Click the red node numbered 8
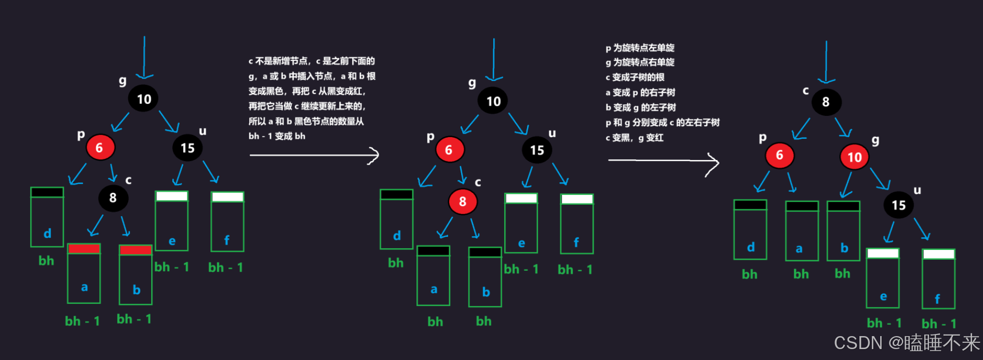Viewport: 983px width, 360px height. (462, 202)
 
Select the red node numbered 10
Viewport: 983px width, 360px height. (854, 157)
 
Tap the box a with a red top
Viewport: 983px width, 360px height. (84, 274)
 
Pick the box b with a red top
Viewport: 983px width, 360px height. (136, 275)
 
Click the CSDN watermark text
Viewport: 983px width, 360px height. (906, 343)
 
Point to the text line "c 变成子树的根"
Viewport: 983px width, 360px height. (635, 77)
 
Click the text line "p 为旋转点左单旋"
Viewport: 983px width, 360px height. (640, 48)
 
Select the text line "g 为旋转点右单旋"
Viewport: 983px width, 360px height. (640, 62)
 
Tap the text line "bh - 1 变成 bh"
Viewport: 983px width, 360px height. (277, 136)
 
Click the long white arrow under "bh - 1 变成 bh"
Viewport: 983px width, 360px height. (314, 155)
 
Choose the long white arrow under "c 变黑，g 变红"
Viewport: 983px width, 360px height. (663, 161)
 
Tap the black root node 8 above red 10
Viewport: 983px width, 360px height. (826, 102)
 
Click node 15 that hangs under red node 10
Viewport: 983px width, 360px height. (898, 205)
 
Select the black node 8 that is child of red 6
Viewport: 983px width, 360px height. (113, 198)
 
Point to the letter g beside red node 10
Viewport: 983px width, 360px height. (876, 140)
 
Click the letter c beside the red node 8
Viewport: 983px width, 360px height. (478, 182)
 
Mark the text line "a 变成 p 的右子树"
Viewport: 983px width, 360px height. (640, 92)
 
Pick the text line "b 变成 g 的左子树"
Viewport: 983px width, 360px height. (641, 108)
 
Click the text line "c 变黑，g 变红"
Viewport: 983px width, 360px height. (635, 138)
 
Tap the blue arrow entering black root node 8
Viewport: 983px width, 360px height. (826, 62)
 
